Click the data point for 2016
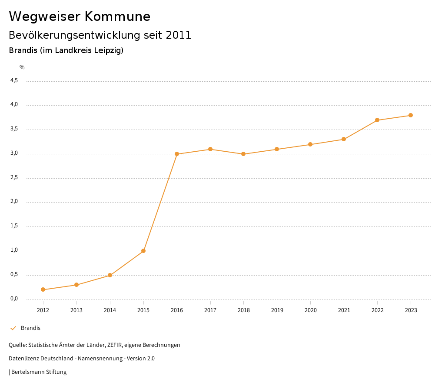point(177,154)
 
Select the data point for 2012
point(43,289)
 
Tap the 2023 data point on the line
point(411,115)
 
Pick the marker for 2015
point(143,251)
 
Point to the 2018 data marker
point(243,154)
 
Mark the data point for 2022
point(377,120)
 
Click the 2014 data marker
point(110,275)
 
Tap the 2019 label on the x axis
point(277,310)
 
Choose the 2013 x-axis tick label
point(76,310)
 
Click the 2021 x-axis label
point(344,310)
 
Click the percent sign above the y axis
point(22,67)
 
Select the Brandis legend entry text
point(30,328)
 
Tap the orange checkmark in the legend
point(13,328)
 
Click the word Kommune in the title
point(117,17)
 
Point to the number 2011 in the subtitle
point(179,35)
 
